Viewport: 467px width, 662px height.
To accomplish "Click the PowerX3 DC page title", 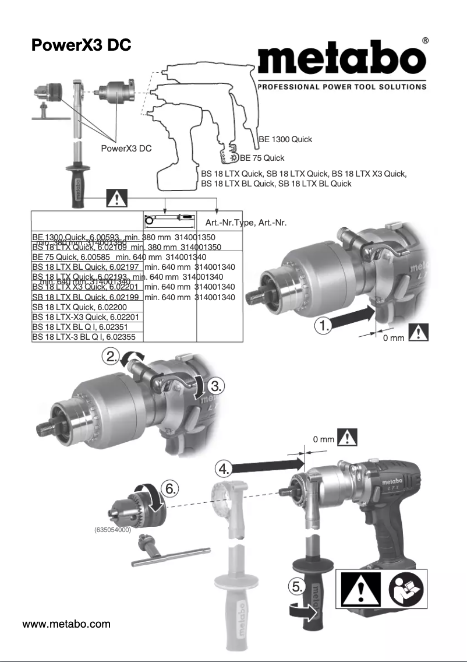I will (81, 45).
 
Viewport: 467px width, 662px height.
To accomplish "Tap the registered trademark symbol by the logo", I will (425, 41).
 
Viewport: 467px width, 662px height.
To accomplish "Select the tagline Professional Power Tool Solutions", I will (342, 87).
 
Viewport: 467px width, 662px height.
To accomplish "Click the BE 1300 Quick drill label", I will (285, 139).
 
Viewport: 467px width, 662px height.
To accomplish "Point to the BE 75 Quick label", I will (262, 158).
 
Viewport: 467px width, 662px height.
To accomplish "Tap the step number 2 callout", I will (111, 355).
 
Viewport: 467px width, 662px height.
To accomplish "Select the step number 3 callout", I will (215, 385).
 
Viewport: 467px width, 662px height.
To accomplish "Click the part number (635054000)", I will (112, 530).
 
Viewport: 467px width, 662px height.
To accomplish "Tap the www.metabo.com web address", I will (66, 624).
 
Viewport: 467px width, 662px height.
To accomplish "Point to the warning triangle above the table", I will (118, 200).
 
